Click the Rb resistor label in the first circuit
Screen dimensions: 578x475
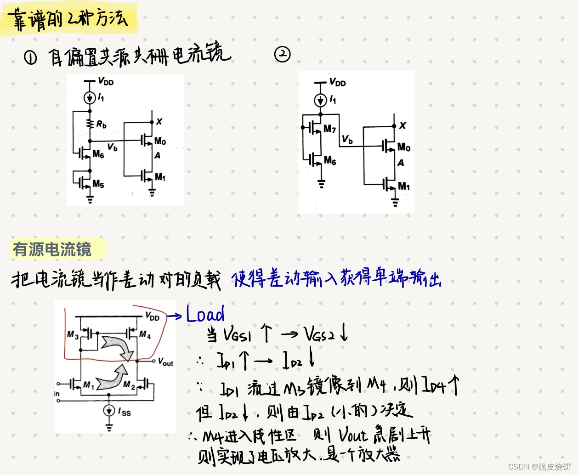102,124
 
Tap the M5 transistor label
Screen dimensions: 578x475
98,184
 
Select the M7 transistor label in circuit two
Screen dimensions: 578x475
329,129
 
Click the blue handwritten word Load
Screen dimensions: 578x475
205,314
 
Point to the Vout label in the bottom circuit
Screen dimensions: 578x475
165,362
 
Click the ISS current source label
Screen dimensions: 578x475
125,412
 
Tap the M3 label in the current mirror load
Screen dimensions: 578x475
73,334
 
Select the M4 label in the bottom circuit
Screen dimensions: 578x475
145,335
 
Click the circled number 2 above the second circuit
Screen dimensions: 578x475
283,54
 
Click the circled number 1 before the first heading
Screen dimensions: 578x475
30,58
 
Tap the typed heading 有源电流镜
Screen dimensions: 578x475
52,249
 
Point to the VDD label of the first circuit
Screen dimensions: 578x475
106,82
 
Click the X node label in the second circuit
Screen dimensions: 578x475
402,125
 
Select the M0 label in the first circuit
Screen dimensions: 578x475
160,141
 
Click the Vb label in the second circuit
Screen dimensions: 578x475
347,139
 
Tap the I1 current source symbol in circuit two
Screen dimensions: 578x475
320,100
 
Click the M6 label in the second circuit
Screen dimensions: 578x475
330,160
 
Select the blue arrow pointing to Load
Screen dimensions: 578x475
174,316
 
